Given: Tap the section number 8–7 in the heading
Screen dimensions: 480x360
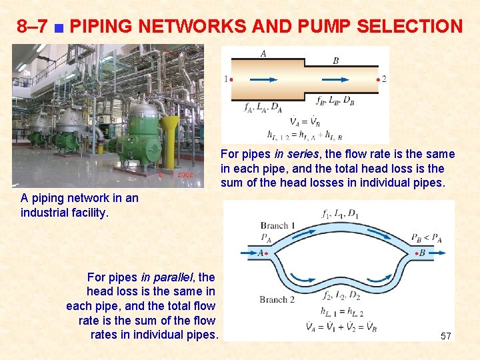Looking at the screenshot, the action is [x=32, y=27].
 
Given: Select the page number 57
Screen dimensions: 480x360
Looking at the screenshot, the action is [x=446, y=337].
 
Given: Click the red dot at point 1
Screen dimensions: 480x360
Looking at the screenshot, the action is [x=231, y=79].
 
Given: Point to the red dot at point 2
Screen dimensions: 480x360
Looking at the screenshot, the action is [x=379, y=79].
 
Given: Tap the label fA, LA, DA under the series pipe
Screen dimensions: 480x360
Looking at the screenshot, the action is [x=263, y=107].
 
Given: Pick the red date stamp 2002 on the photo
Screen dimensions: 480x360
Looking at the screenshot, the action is [x=185, y=175].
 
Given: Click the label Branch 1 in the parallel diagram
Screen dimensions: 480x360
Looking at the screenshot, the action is [x=274, y=225].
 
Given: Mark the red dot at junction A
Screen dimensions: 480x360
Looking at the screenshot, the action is [x=268, y=253].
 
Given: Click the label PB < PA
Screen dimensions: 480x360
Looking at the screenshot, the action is [x=425, y=237].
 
